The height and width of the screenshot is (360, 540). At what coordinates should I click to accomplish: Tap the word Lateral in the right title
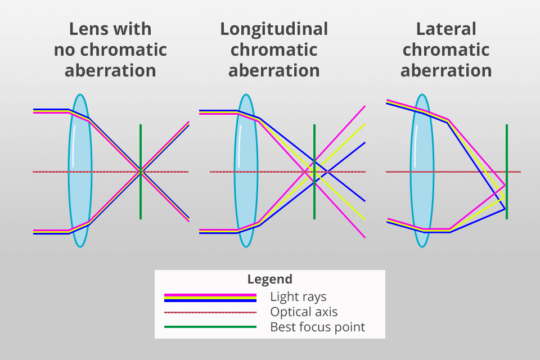click(x=446, y=29)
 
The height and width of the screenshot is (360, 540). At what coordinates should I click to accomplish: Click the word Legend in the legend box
click(x=269, y=280)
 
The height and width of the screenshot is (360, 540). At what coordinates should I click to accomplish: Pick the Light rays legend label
click(x=298, y=296)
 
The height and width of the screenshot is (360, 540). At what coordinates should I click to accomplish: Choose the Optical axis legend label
click(x=304, y=312)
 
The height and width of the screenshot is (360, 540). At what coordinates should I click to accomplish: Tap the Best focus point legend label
click(x=317, y=327)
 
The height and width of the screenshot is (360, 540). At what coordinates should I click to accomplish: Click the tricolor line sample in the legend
click(x=210, y=298)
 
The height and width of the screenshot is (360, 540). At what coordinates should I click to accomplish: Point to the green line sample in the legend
click(x=210, y=327)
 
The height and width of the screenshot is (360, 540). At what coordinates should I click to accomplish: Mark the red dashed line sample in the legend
click(x=210, y=312)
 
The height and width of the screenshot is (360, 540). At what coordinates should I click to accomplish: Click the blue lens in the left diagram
click(x=80, y=170)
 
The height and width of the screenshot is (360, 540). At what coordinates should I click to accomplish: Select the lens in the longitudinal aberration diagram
click(x=246, y=170)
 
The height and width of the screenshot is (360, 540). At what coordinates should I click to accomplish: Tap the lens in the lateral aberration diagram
click(x=422, y=170)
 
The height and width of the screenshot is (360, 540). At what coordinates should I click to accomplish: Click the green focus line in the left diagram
click(x=141, y=172)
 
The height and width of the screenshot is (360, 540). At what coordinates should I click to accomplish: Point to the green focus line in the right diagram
click(x=507, y=172)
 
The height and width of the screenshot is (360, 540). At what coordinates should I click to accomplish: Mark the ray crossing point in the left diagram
click(x=141, y=172)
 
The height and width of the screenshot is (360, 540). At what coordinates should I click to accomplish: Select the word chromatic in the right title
click(x=446, y=50)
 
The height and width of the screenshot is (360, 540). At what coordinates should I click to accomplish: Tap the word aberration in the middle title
click(x=274, y=71)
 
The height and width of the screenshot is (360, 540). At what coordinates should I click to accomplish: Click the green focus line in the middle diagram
click(x=314, y=172)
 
